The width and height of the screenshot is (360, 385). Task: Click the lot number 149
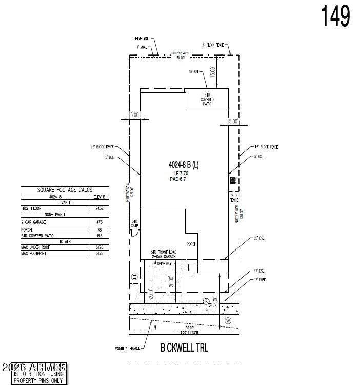tap(336, 16)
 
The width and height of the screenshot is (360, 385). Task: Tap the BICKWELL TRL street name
tap(184, 348)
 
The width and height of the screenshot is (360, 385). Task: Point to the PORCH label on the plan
tap(192, 244)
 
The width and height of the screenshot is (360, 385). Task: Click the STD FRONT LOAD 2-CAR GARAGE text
tap(163, 254)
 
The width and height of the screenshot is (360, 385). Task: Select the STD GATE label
tap(135, 223)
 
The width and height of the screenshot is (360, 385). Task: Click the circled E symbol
tap(134, 277)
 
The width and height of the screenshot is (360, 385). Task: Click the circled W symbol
tap(229, 321)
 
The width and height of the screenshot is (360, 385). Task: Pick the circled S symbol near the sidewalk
tap(206, 301)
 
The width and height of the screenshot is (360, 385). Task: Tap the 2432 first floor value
tap(99, 209)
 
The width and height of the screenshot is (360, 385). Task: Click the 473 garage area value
tap(100, 222)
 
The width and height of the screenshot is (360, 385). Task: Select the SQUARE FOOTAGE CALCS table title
tap(65, 190)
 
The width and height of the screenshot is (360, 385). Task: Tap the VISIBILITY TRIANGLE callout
tap(128, 349)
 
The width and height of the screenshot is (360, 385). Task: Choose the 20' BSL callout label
tap(258, 238)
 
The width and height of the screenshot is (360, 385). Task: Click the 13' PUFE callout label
tap(259, 280)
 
